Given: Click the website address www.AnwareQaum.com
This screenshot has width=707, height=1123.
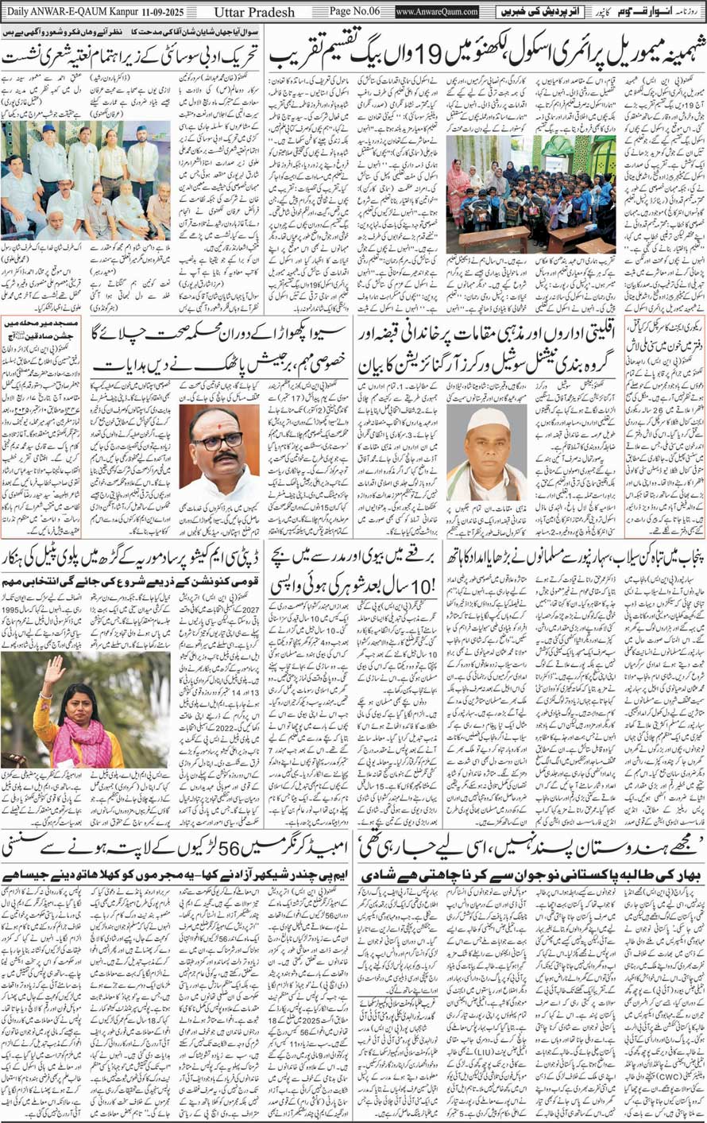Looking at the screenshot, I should click(x=437, y=13).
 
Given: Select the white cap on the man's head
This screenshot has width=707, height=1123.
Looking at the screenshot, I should click(x=478, y=418).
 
